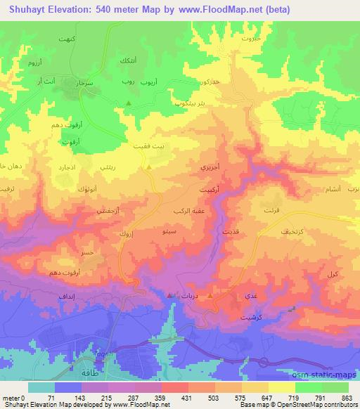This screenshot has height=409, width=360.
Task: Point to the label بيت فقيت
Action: (x=148, y=147)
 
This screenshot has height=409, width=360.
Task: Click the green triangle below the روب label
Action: (x=128, y=103)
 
